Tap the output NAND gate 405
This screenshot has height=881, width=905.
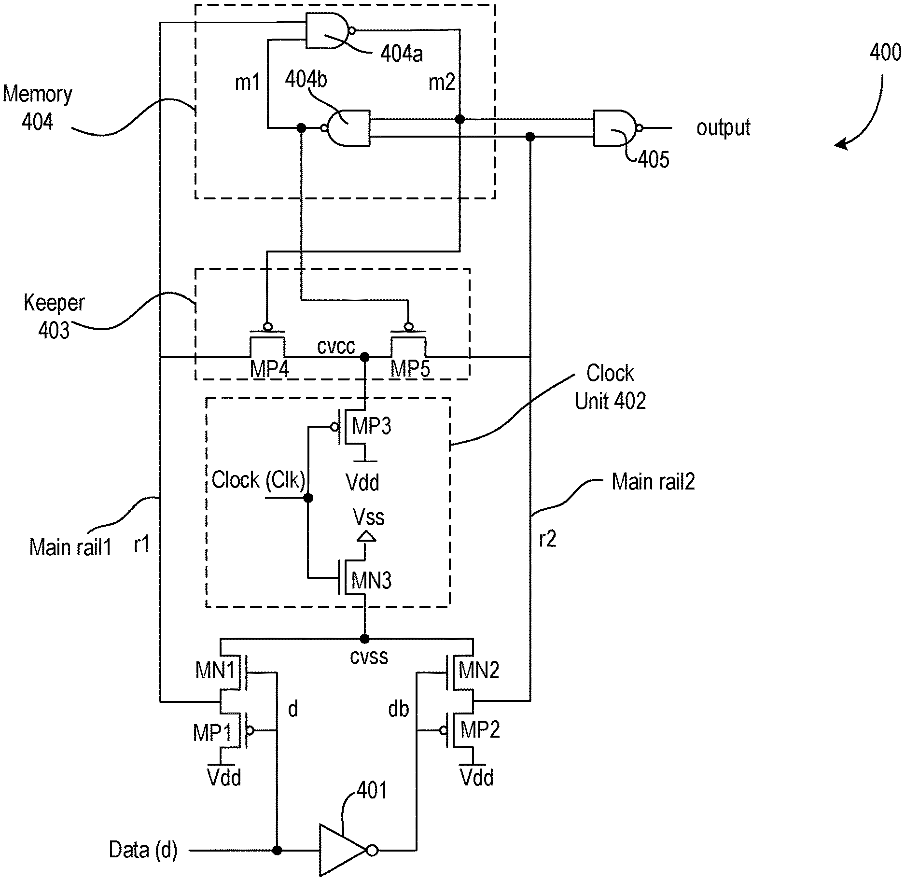614,128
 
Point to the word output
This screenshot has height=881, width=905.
723,128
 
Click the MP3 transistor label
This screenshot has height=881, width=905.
371,426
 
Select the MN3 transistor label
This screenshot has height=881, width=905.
371,580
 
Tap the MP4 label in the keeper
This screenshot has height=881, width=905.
269,369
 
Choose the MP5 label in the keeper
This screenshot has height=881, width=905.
410,369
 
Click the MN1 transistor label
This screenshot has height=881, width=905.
215,670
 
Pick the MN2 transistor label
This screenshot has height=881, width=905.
479,670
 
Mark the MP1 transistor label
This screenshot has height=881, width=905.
212,733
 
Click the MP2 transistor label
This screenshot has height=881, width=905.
480,729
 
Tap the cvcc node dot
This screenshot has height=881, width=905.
365,357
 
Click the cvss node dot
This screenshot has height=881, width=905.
365,639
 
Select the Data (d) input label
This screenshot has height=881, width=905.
143,850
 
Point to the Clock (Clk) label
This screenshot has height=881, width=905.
258,480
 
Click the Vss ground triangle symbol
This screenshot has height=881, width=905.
365,536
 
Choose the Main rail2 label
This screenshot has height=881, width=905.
653,482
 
